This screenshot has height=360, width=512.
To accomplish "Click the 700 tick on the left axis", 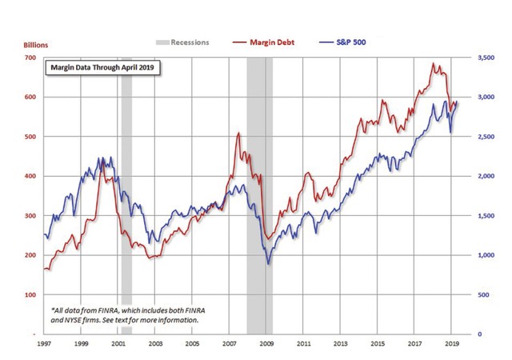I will pyautogui.click(x=29, y=58).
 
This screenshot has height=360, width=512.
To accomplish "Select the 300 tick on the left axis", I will pyautogui.click(x=29, y=216).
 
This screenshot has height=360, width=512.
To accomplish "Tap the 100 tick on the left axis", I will pyautogui.click(x=29, y=295).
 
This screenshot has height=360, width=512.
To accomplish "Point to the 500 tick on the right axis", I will pyautogui.click(x=483, y=295).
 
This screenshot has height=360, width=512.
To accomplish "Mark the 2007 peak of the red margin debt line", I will pyautogui.click(x=238, y=133).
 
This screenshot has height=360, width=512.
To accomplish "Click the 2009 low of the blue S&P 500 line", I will pyautogui.click(x=268, y=263).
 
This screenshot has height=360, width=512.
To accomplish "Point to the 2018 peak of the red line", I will pyautogui.click(x=434, y=64).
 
